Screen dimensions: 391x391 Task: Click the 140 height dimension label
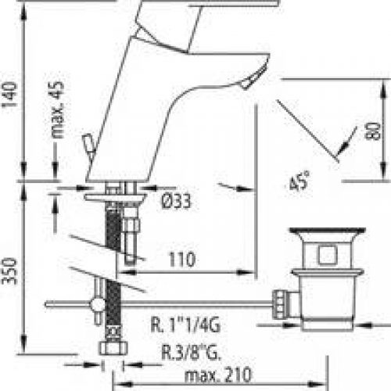(x=10, y=95)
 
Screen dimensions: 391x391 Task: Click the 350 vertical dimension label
(x=10, y=271)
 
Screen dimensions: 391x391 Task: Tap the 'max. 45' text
(x=56, y=109)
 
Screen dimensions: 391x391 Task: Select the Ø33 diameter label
(x=176, y=201)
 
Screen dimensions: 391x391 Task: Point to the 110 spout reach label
(x=182, y=260)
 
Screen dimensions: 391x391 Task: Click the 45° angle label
(x=300, y=181)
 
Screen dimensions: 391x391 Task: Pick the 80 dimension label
(x=373, y=131)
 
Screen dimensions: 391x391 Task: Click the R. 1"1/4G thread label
(x=185, y=325)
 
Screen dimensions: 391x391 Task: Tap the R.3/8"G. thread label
(x=191, y=353)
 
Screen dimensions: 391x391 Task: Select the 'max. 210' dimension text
(x=218, y=375)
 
